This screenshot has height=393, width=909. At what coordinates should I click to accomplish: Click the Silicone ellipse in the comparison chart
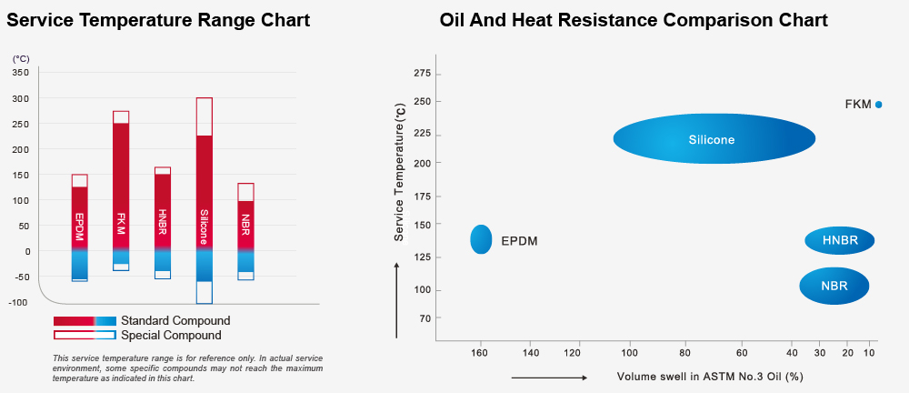point(714,139)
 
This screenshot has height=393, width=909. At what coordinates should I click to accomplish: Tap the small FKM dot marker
point(879,105)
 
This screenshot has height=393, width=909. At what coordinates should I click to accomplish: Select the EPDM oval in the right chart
point(481,239)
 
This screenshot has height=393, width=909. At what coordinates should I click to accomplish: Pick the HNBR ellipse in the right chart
point(840,240)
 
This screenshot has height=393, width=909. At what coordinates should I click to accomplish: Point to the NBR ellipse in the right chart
point(834,286)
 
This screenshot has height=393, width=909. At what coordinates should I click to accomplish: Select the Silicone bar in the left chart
point(204,200)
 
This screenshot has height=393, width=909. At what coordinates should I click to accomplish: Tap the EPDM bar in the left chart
point(80,227)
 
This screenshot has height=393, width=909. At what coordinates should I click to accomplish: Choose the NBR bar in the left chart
point(245,227)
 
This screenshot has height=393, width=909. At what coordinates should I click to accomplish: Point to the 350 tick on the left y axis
point(21,73)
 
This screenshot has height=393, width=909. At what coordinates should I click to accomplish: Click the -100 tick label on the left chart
point(19,302)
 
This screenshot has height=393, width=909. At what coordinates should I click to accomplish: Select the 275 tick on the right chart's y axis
point(421,73)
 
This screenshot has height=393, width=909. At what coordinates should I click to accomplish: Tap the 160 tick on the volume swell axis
point(479,353)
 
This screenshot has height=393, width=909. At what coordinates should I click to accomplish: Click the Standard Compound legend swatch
point(85,321)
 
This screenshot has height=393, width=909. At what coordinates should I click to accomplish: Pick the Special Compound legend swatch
point(85,335)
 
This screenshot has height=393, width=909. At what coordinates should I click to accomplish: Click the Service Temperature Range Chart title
point(158,20)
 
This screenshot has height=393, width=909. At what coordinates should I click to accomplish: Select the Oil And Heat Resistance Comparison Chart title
point(634,20)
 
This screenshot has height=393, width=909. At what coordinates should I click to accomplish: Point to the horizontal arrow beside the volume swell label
point(549,377)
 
